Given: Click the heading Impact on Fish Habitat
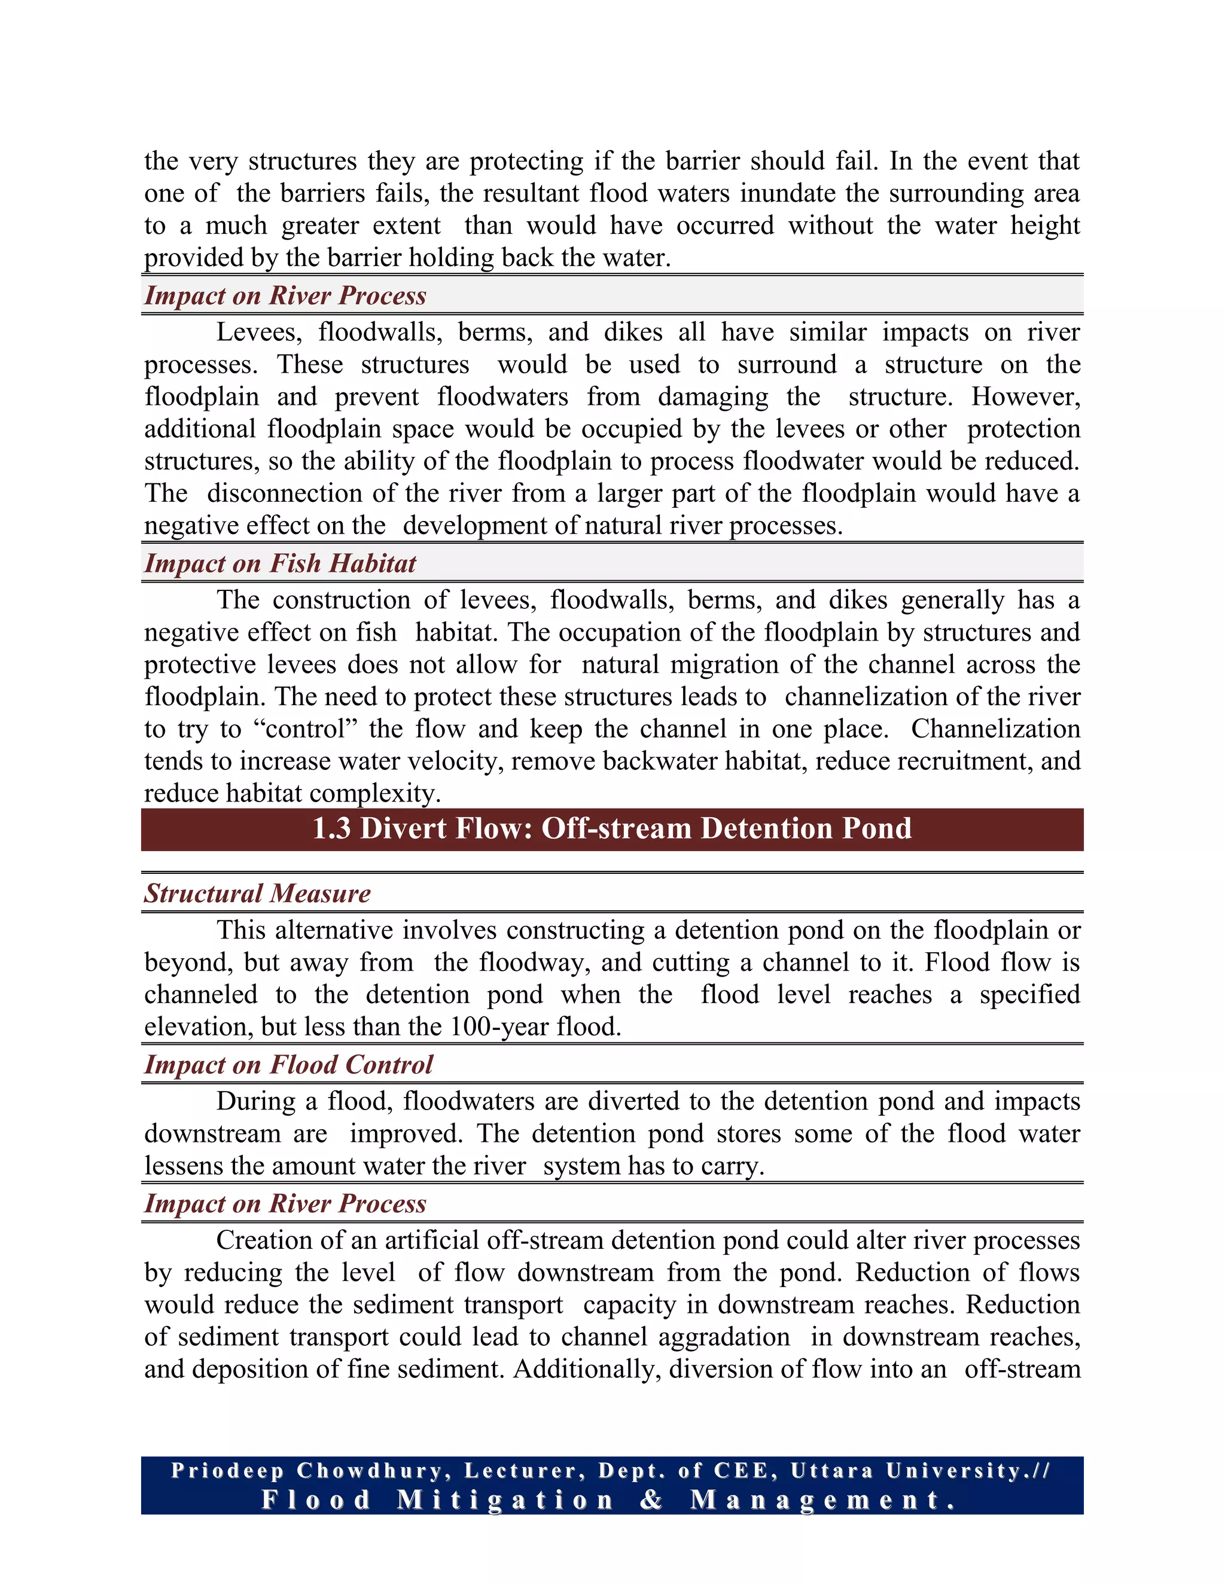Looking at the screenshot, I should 280,564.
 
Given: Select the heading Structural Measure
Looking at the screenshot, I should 257,894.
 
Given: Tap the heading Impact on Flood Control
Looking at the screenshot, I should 288,1065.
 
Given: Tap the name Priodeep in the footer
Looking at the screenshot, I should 227,1471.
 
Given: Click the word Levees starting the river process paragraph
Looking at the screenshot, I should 259,333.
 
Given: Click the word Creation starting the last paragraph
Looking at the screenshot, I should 263,1240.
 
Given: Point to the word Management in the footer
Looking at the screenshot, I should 823,1499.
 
